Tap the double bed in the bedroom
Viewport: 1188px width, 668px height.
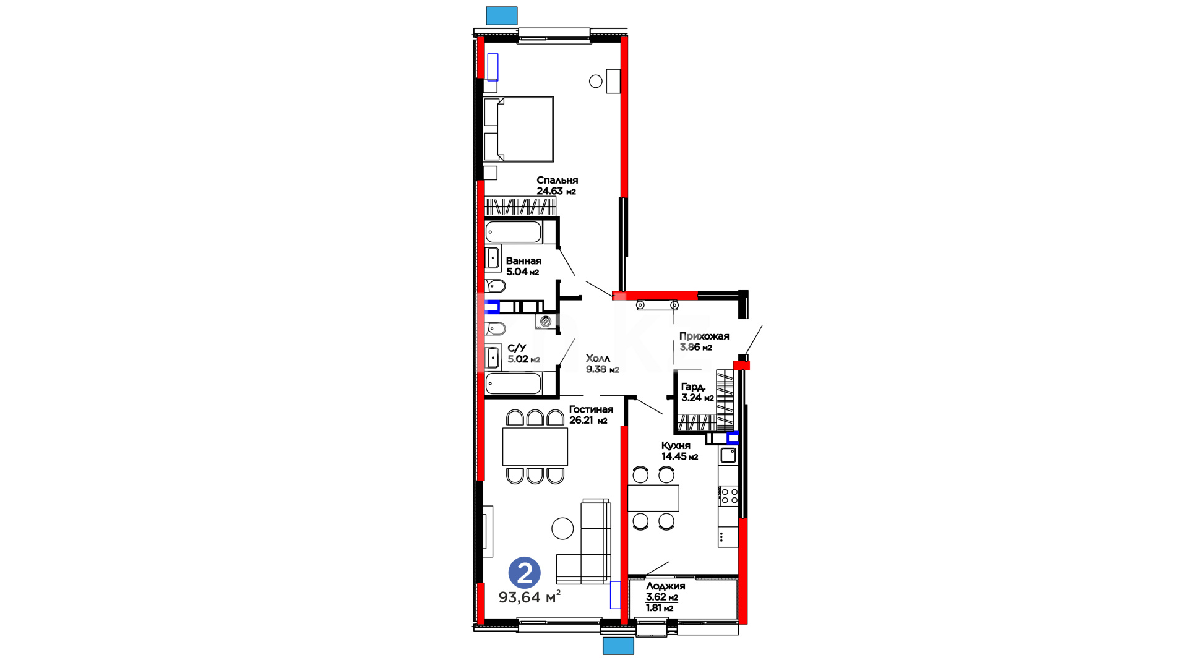pyautogui.click(x=519, y=129)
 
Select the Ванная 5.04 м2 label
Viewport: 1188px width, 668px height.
pyautogui.click(x=523, y=267)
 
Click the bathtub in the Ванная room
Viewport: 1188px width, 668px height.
pyautogui.click(x=514, y=233)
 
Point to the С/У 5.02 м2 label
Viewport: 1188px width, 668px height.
pyautogui.click(x=523, y=354)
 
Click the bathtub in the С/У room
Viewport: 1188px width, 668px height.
pyautogui.click(x=514, y=383)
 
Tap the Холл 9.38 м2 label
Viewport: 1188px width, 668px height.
pyautogui.click(x=602, y=364)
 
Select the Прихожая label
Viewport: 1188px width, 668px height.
pyautogui.click(x=704, y=336)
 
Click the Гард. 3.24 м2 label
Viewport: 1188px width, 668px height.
pyautogui.click(x=697, y=392)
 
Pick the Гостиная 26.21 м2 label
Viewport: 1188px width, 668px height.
pyautogui.click(x=591, y=414)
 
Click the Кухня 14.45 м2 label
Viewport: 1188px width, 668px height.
pyautogui.click(x=679, y=451)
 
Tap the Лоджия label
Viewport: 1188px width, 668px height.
pyautogui.click(x=665, y=586)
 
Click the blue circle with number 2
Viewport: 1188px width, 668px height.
pyautogui.click(x=524, y=573)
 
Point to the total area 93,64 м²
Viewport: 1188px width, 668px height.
pyautogui.click(x=530, y=597)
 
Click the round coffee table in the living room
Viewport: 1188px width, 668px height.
pyautogui.click(x=562, y=528)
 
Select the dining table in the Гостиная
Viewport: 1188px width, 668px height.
pyautogui.click(x=535, y=447)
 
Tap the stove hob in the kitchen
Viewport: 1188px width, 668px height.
pyautogui.click(x=730, y=495)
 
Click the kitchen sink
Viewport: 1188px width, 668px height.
pyautogui.click(x=728, y=456)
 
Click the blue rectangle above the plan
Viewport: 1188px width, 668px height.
pyautogui.click(x=501, y=15)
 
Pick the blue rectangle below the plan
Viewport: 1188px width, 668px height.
pyautogui.click(x=618, y=646)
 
